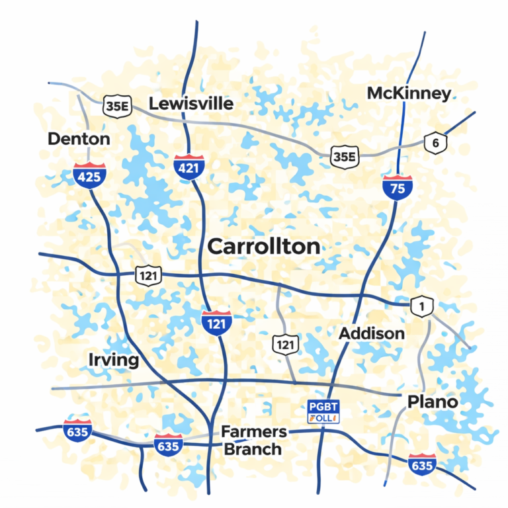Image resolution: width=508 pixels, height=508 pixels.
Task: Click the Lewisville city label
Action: pyautogui.click(x=190, y=104)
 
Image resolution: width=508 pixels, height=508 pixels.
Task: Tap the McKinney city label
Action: pyautogui.click(x=409, y=93)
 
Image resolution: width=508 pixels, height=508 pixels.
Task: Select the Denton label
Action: pyautogui.click(x=79, y=139)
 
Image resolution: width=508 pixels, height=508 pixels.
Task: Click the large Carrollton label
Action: pyautogui.click(x=263, y=247)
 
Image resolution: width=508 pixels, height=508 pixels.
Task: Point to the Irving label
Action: pyautogui.click(x=113, y=360)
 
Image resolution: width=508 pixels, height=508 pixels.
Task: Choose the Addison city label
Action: pyautogui.click(x=371, y=333)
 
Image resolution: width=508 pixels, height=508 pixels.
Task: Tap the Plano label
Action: pyautogui.click(x=433, y=402)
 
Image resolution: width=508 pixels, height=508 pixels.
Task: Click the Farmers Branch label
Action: pyautogui.click(x=253, y=441)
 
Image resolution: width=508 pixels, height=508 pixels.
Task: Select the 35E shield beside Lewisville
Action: pyautogui.click(x=117, y=105)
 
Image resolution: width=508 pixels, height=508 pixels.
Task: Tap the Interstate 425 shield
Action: pyautogui.click(x=89, y=175)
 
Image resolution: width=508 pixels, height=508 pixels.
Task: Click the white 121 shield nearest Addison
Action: pyautogui.click(x=286, y=344)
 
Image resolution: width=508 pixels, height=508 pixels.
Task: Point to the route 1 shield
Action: pyautogui.click(x=421, y=306)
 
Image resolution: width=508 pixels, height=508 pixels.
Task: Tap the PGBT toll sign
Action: pyautogui.click(x=323, y=411)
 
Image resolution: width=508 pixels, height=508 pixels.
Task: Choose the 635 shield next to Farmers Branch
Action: pyautogui.click(x=168, y=445)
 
